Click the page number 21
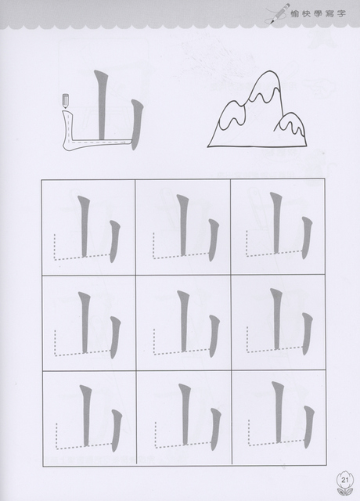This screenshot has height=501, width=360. pos(345,480)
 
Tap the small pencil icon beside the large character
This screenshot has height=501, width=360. pos(66,101)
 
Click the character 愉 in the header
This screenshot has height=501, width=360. pos(295,14)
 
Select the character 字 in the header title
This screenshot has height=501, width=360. pos(340,14)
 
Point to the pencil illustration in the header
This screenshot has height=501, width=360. pos(279,13)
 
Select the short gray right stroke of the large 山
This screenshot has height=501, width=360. pos(136,124)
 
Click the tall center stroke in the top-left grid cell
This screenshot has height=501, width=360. pos(84,226)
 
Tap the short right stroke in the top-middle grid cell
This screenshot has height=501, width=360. pos(213,240)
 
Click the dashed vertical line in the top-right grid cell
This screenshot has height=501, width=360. pos(247,243)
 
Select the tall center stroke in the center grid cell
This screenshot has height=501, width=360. pos(182,322)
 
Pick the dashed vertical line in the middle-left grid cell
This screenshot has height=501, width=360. pos(55,343)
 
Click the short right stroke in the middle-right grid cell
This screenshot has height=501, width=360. pos(306,334)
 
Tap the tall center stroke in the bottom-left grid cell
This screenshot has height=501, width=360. pos(85,416)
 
